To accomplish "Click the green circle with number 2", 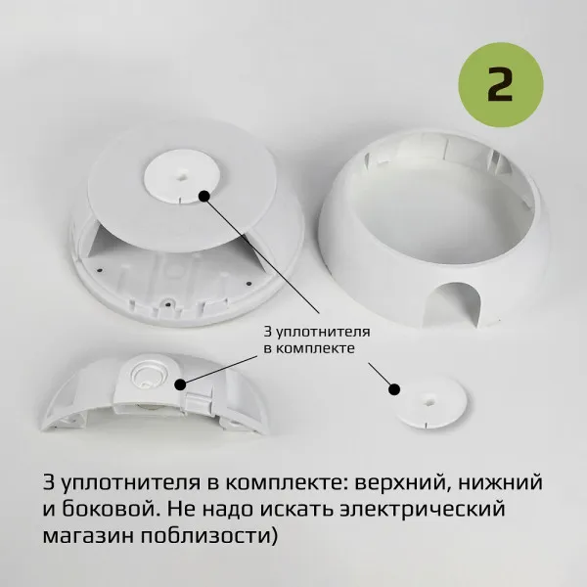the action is [x=501, y=84].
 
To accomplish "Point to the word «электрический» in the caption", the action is [x=423, y=509].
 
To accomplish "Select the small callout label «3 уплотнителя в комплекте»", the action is [x=317, y=339].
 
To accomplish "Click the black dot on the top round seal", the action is [x=203, y=196].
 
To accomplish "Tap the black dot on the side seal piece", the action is [x=180, y=384].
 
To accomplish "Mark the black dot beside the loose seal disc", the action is [x=394, y=389].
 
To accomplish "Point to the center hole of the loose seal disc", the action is [x=429, y=401].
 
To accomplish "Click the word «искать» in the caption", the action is [x=295, y=509].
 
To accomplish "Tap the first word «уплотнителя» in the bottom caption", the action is [x=131, y=483].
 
